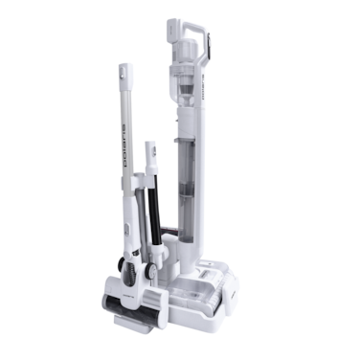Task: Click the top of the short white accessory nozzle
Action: [149, 146]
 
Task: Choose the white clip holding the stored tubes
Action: [146, 182]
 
